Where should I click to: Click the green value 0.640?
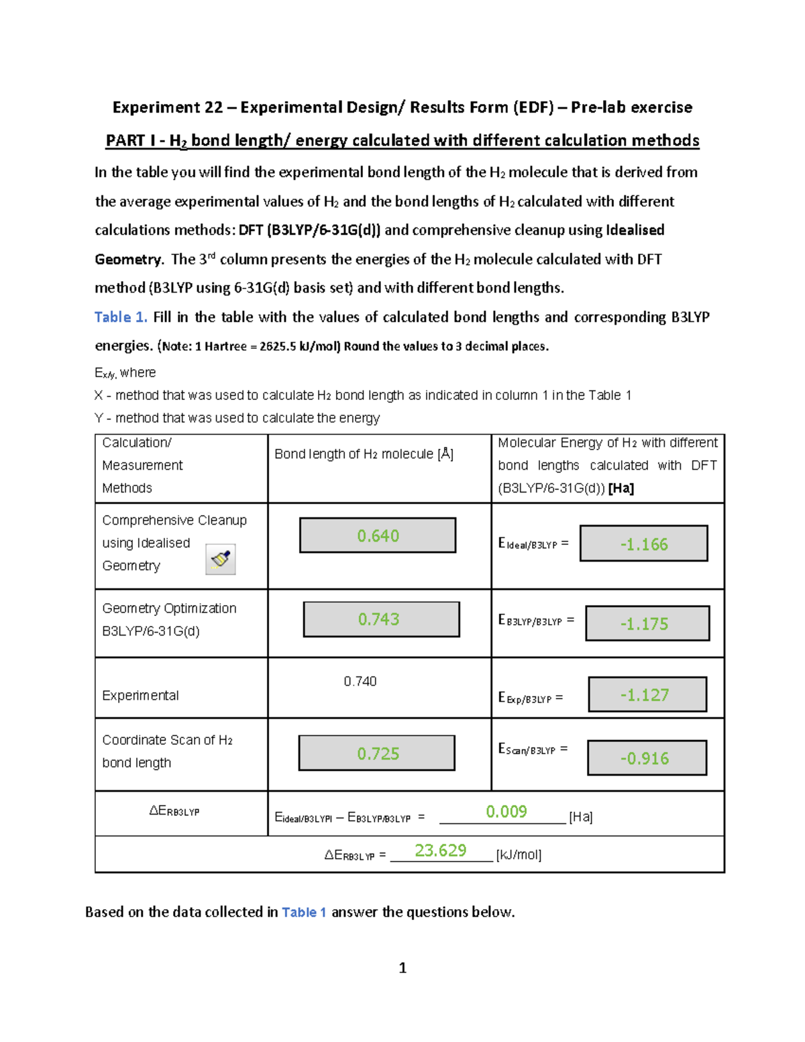click(378, 535)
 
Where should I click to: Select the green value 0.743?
click(378, 619)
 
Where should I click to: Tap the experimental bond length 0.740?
click(360, 681)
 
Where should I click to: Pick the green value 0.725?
click(378, 753)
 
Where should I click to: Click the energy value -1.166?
click(644, 544)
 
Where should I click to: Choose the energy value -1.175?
click(644, 624)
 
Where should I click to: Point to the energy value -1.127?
click(644, 694)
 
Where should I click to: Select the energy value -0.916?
click(644, 758)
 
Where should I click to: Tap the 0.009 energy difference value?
click(506, 812)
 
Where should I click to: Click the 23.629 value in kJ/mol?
click(440, 850)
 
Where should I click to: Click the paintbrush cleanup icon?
click(221, 559)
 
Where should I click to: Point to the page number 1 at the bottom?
click(402, 968)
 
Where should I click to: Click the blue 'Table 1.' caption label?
click(121, 317)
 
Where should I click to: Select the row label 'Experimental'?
click(140, 696)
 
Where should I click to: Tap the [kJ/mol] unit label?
click(519, 855)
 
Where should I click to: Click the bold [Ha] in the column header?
click(621, 488)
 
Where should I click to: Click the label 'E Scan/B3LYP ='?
click(533, 749)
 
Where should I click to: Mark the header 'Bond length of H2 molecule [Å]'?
click(364, 454)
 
